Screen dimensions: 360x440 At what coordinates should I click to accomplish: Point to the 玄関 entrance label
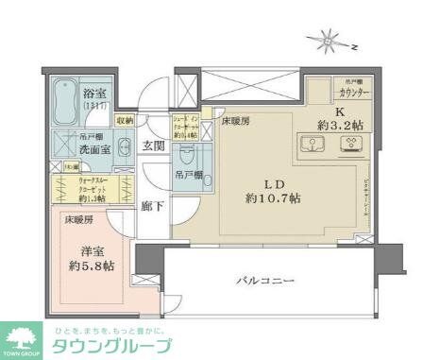(154, 146)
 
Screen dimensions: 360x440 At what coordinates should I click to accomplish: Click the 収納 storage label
(125, 122)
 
